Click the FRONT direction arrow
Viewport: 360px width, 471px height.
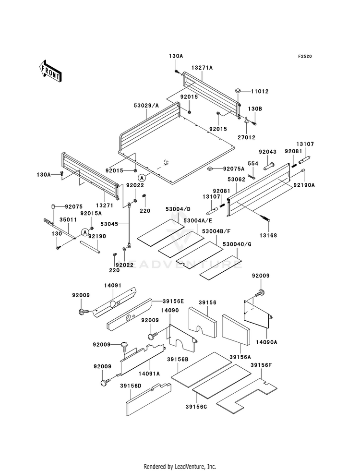click(x=50, y=71)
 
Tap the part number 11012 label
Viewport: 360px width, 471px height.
click(x=260, y=91)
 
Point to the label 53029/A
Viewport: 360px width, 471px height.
click(x=146, y=106)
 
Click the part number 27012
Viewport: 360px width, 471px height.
click(x=246, y=137)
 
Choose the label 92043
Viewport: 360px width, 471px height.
click(x=268, y=152)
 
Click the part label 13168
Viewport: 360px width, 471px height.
click(x=268, y=235)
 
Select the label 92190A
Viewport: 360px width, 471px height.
click(x=304, y=185)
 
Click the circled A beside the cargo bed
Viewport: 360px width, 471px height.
click(x=143, y=178)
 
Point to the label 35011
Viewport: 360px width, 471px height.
click(x=68, y=219)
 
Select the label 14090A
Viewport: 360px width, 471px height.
click(x=266, y=342)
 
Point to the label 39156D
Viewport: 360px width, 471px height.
click(x=130, y=386)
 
